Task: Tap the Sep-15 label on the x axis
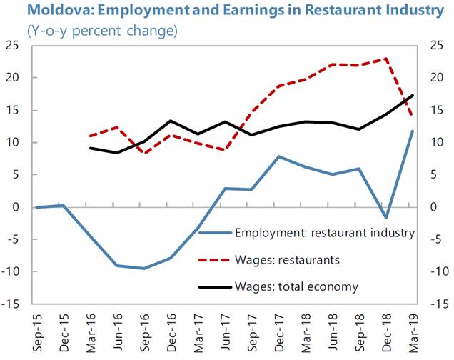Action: tap(36, 332)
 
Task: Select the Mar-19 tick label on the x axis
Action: tap(413, 332)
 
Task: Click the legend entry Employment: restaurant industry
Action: tap(324, 232)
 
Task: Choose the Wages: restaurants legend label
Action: tap(290, 260)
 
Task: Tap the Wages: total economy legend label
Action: tap(296, 287)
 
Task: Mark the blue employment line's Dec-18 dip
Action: tap(386, 218)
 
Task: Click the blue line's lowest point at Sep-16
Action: tap(143, 269)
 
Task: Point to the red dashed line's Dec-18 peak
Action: tap(386, 59)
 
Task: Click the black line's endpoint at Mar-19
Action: tap(413, 96)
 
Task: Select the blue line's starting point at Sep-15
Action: tap(36, 207)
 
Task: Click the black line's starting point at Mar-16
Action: tap(91, 148)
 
